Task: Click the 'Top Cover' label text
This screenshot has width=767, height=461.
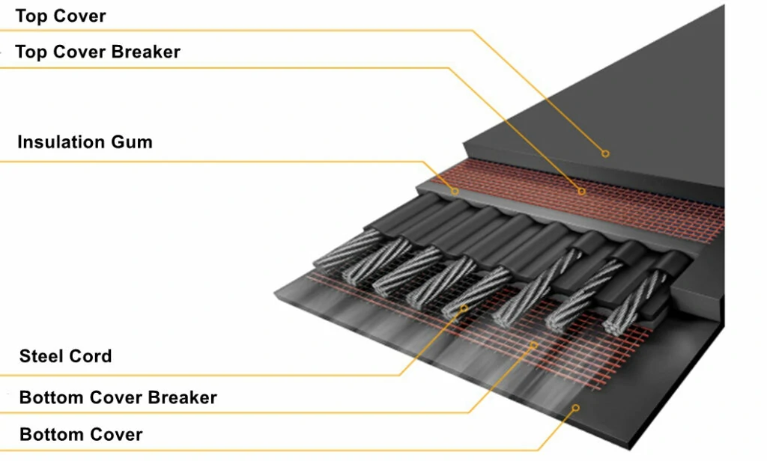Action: [61, 16]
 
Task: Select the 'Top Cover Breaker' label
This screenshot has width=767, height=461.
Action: [97, 52]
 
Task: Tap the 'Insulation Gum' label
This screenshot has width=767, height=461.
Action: [85, 141]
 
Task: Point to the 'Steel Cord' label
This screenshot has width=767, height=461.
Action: [65, 356]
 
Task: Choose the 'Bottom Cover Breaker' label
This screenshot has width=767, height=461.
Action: [118, 397]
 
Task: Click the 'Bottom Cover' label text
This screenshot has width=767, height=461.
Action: [81, 434]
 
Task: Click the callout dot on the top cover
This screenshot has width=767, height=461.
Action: [605, 153]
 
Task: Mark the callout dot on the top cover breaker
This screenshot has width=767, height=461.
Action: [581, 192]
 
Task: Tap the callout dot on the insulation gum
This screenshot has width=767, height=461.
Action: [455, 192]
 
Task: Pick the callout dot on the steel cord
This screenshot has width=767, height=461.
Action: [464, 307]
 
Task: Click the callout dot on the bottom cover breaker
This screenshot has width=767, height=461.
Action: [533, 344]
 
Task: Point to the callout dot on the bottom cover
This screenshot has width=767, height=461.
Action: [576, 408]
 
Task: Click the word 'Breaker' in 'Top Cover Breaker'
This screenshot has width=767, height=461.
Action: [146, 52]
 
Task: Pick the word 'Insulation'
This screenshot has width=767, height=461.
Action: [61, 141]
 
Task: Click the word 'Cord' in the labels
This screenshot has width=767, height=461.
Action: [90, 356]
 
